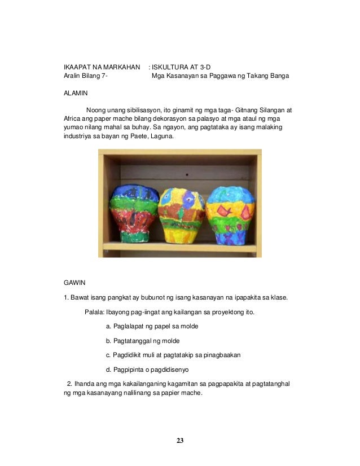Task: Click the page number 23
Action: (179, 440)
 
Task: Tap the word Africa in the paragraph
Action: (73, 120)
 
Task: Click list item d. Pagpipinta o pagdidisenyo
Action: (147, 370)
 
